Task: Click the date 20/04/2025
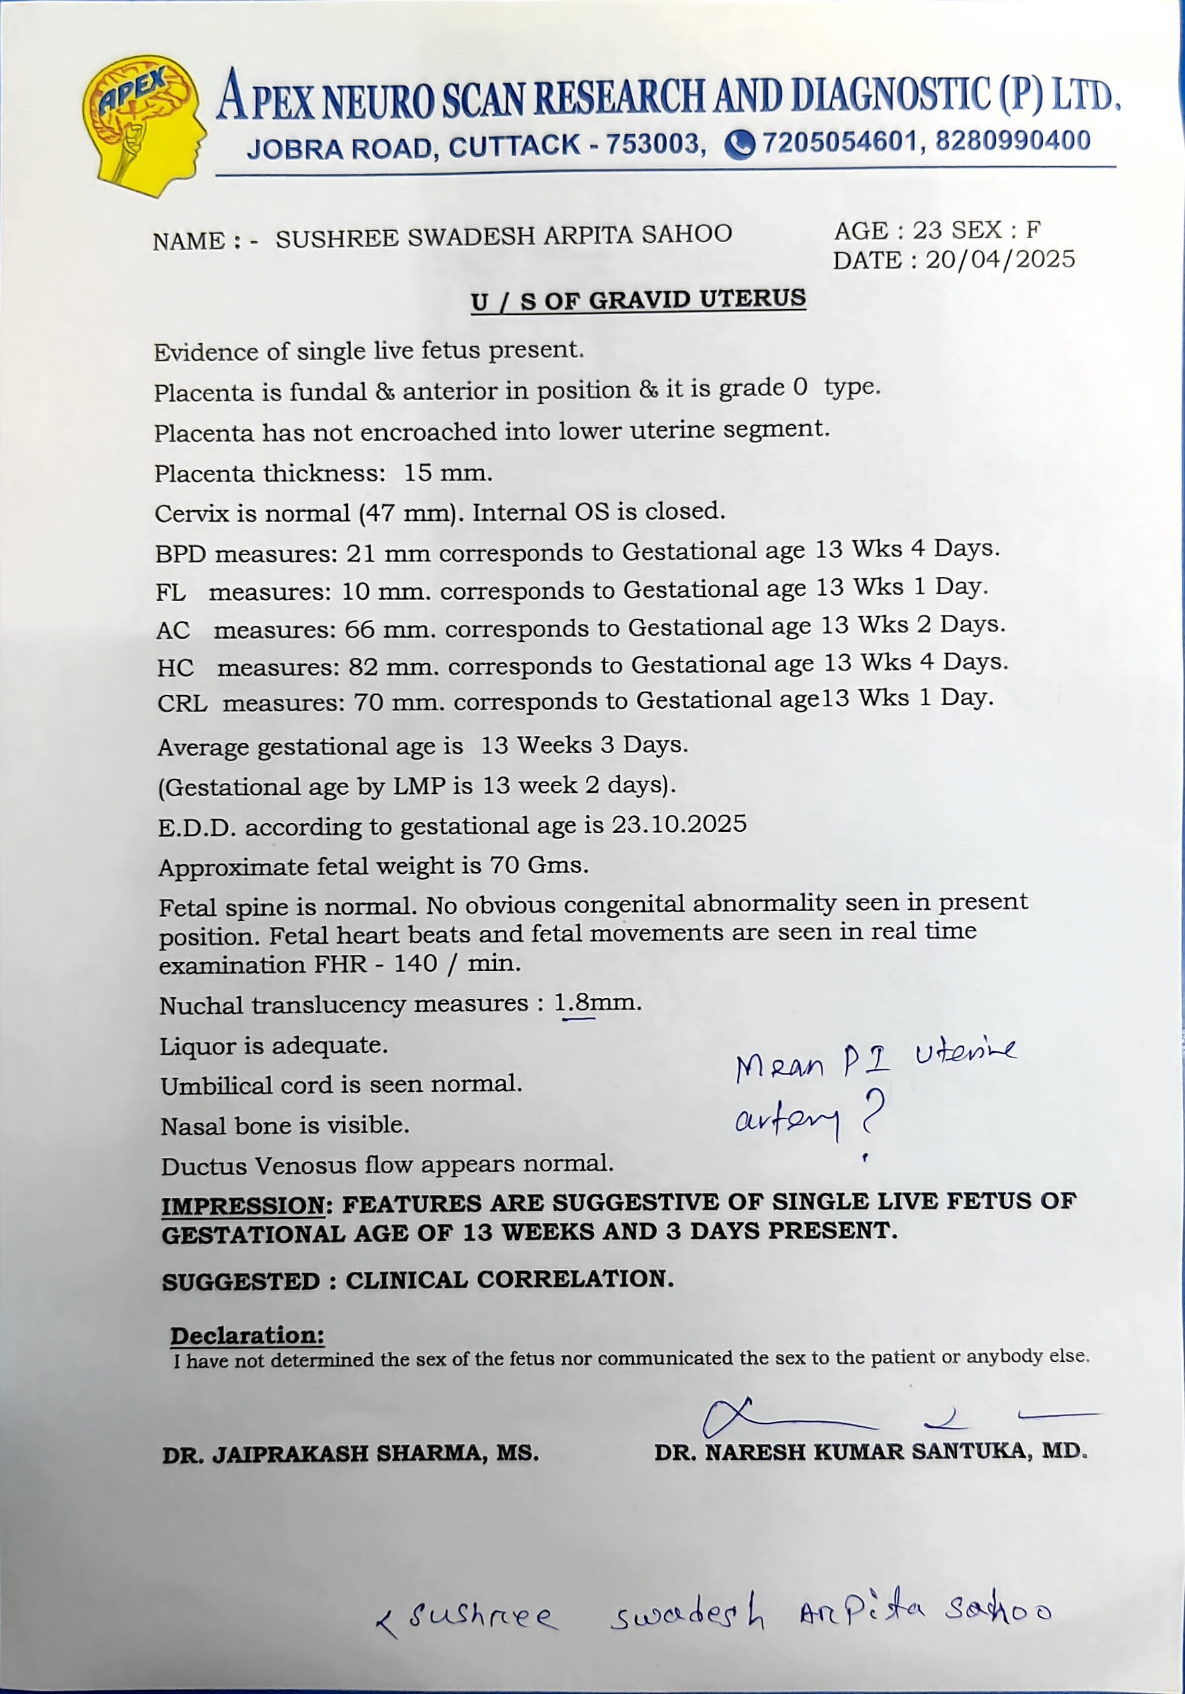coord(1000,259)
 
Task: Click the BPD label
coord(181,553)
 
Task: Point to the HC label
coord(175,668)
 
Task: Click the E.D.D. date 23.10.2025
coord(678,824)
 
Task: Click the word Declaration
coord(247,1335)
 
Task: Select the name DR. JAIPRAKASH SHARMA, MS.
coord(350,1454)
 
